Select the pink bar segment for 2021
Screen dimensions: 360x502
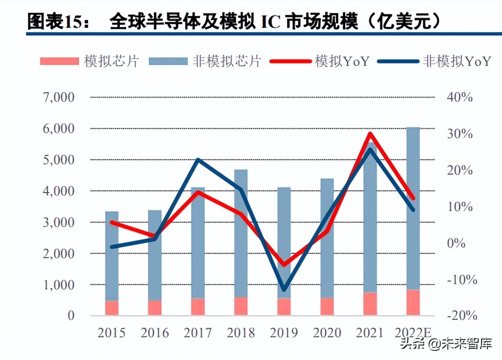pos(370,304)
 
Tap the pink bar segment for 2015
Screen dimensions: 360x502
pos(112,308)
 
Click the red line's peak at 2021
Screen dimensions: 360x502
pos(370,133)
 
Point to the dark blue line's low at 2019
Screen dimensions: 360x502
pos(284,290)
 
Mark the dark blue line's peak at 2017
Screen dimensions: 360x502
pos(198,160)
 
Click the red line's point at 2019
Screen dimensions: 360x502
pos(284,264)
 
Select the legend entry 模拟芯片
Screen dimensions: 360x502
pos(89,61)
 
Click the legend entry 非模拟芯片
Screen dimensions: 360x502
pos(204,61)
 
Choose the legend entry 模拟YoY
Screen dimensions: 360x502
pos(320,61)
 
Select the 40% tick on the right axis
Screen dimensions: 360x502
pos(460,97)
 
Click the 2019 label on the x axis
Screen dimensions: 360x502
pos(284,333)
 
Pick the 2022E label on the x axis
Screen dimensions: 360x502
pos(413,333)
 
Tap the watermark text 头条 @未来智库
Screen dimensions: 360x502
pos(446,344)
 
